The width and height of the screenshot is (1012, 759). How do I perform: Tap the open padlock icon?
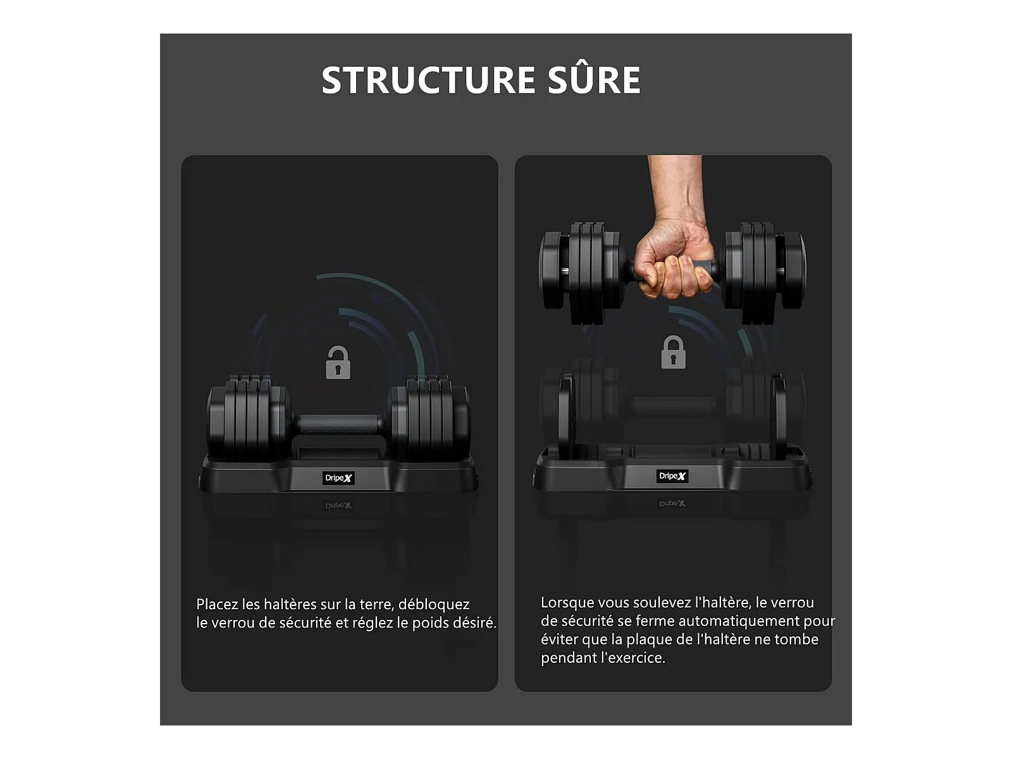338,362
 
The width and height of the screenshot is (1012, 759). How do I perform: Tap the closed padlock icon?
673,352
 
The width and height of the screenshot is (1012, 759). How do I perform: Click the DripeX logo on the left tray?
338,478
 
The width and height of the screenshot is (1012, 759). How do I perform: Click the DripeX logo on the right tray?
672,476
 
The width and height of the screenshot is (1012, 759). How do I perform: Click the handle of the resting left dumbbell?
340,424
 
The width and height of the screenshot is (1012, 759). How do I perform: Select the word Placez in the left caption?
217,604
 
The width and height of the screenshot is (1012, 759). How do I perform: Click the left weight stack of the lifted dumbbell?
580,273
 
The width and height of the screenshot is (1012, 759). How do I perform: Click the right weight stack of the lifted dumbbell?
765,273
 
